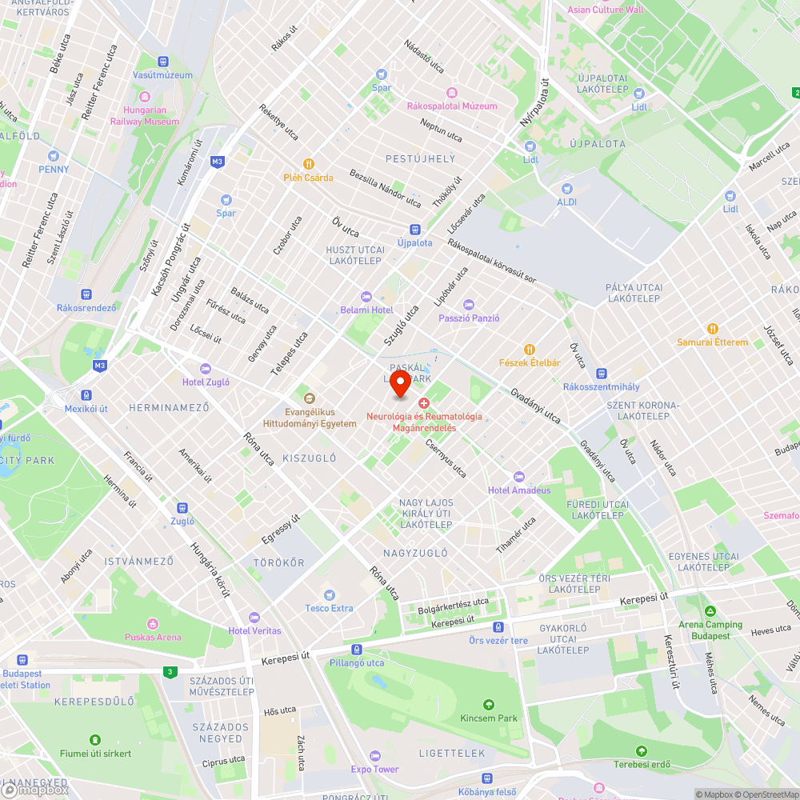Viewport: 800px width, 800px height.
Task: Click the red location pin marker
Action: point(400,383)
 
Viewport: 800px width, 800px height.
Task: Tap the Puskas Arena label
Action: point(153,638)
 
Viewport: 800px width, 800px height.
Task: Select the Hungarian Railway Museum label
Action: point(151,116)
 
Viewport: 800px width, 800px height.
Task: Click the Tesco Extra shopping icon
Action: point(329,594)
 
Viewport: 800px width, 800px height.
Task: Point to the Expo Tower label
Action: point(374,770)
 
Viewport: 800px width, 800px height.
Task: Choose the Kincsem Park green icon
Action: point(489,704)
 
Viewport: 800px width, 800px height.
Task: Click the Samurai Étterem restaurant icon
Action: point(712,329)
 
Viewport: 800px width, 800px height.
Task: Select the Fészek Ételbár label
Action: point(530,362)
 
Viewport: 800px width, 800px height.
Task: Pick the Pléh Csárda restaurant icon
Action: point(308,164)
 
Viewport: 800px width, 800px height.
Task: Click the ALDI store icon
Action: point(567,189)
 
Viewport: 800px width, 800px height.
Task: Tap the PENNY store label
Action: point(54,170)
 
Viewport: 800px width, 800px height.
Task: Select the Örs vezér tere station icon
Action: point(498,627)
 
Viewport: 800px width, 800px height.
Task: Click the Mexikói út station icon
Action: point(86,395)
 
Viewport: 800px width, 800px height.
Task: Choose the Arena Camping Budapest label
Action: point(711,630)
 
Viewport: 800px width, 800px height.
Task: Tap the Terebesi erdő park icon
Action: point(641,751)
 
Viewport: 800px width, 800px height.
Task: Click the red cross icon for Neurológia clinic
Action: point(424,402)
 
